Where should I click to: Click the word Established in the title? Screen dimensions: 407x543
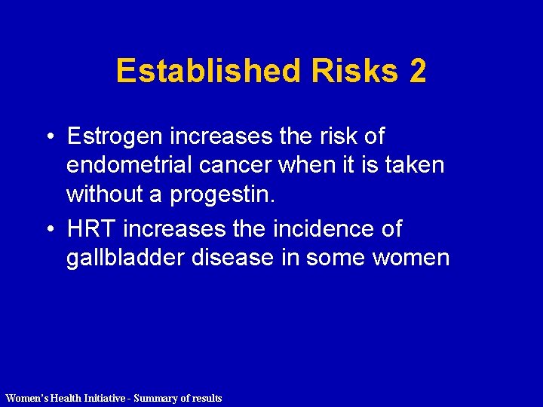point(207,72)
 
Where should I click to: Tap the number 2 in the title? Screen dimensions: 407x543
point(418,72)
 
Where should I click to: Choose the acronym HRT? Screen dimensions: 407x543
point(90,228)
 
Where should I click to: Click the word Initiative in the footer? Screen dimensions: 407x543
point(100,398)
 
